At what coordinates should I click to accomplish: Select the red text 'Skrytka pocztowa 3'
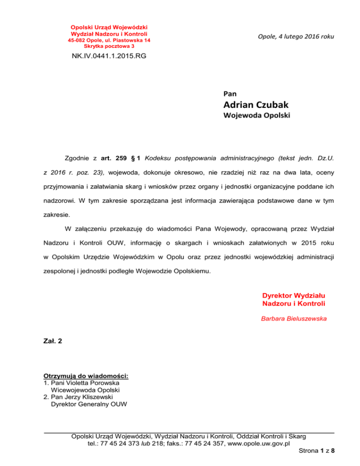tap(109, 46)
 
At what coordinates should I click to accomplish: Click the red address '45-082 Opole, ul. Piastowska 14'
tap(110, 41)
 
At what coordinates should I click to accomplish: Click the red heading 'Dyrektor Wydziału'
tap(294, 296)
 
